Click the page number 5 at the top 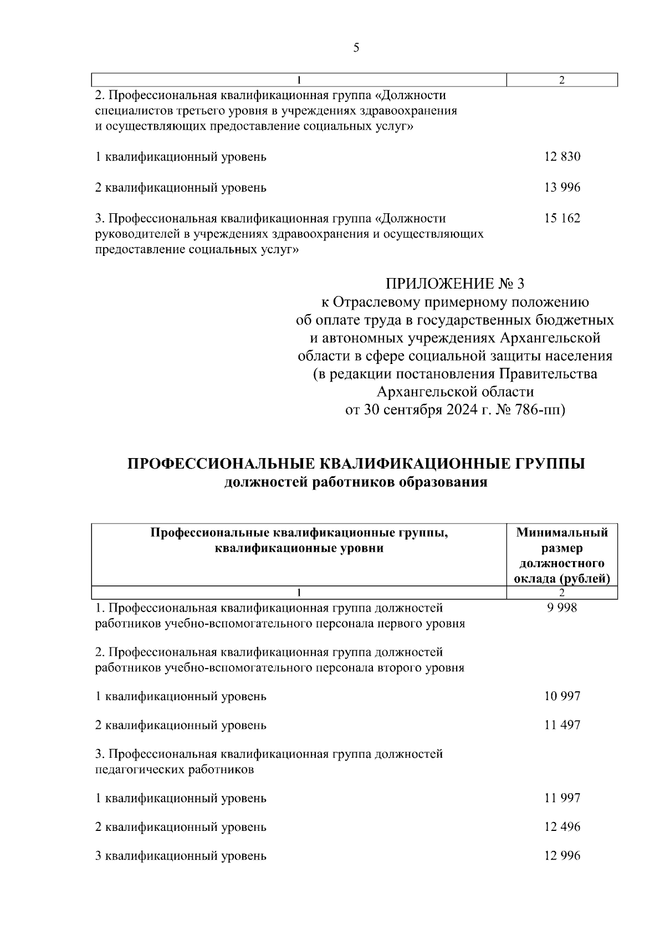coord(356,48)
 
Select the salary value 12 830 coord(562,157)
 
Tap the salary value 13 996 coord(562,188)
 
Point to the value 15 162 coord(562,218)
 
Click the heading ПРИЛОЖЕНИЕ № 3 coord(454,284)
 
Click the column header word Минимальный coord(562,533)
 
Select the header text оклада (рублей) coord(562,579)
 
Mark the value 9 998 coord(561,608)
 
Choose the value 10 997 coord(562,696)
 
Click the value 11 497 coord(562,725)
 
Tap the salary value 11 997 coord(562,798)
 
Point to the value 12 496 coord(562,827)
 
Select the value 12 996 coord(562,856)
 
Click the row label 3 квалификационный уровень coord(181,856)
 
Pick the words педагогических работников coord(175,770)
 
